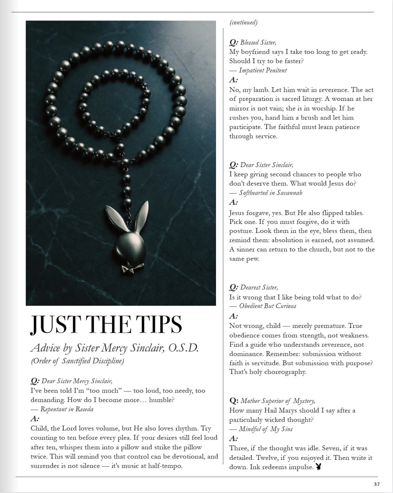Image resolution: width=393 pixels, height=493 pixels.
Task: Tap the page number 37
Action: pyautogui.click(x=377, y=484)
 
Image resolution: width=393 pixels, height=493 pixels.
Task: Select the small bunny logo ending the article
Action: pyautogui.click(x=319, y=467)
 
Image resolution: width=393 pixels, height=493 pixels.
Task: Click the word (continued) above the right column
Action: pyautogui.click(x=243, y=23)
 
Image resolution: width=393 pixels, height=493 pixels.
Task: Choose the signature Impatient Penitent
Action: pyautogui.click(x=263, y=70)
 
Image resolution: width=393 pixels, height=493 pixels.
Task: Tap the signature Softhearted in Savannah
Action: pyautogui.click(x=270, y=193)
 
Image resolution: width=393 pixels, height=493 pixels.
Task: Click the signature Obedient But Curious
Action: pyautogui.click(x=267, y=306)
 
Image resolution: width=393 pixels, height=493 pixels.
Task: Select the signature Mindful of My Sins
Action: pyautogui.click(x=266, y=429)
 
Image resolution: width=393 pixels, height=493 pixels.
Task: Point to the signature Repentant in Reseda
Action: pyautogui.click(x=67, y=409)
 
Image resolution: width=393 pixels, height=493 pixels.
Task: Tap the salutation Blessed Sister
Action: pyautogui.click(x=258, y=43)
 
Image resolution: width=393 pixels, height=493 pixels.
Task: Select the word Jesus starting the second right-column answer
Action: pyautogui.click(x=237, y=213)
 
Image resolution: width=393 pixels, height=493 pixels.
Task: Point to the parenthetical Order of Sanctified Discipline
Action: pyautogui.click(x=77, y=361)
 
